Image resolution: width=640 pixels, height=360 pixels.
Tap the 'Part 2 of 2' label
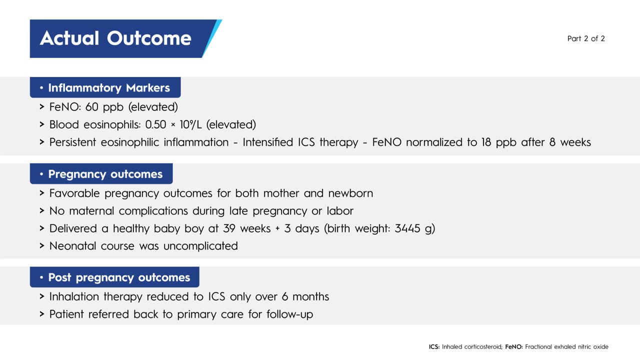(x=586, y=38)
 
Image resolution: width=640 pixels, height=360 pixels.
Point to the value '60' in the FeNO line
(x=91, y=107)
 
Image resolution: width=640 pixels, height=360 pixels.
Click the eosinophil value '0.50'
(x=155, y=124)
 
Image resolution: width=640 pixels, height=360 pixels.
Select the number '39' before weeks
(x=229, y=228)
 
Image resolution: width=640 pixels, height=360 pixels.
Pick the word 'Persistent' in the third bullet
(x=72, y=142)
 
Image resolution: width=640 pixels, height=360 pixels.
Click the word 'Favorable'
(x=74, y=193)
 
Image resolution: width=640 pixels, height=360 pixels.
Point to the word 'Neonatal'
(x=72, y=245)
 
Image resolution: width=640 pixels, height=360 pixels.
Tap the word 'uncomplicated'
(x=200, y=245)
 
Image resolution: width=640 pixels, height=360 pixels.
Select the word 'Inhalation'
(x=74, y=296)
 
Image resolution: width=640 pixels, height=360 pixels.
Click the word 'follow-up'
(x=289, y=314)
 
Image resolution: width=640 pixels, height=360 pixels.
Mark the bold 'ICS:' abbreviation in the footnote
(x=434, y=347)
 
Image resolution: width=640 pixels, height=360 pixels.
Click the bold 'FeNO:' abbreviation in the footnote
(x=514, y=347)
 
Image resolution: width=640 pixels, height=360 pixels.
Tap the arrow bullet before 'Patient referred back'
(x=42, y=314)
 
